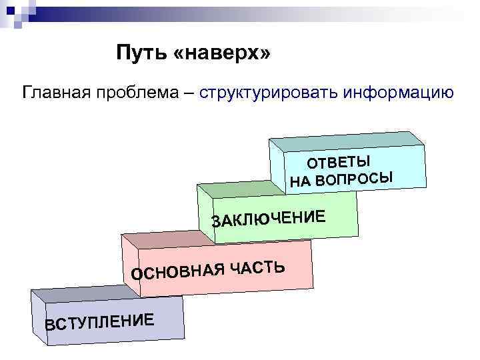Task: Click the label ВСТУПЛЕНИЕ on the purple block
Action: click(100, 321)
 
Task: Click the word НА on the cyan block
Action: click(301, 182)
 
